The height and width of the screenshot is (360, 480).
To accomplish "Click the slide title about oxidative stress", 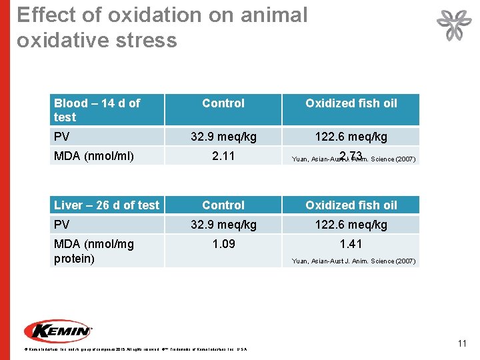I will click(162, 27).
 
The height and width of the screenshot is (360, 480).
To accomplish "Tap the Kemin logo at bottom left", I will click(58, 331).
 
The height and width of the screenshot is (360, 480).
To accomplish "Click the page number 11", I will click(461, 343).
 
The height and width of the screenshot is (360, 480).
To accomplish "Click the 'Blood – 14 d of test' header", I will click(97, 110).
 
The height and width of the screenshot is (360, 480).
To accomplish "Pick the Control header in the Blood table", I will click(223, 103).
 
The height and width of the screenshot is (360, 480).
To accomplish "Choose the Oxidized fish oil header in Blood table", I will click(351, 103).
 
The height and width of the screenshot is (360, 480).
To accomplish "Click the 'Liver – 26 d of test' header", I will click(107, 205).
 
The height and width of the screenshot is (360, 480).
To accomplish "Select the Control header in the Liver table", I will click(223, 205).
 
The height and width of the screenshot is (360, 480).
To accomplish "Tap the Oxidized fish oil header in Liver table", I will click(351, 205).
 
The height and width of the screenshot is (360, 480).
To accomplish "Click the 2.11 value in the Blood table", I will click(223, 157).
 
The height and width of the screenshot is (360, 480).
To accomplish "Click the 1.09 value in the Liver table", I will click(223, 244).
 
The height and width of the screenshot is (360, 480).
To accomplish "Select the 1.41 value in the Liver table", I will click(351, 244).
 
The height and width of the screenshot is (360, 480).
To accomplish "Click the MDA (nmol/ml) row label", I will click(94, 157).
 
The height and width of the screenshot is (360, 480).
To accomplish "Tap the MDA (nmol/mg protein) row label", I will click(94, 251).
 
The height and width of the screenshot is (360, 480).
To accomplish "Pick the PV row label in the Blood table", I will click(62, 137).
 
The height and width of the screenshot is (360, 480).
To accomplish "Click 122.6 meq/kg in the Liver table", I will click(351, 225).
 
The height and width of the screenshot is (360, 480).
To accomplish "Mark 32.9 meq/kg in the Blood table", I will click(223, 137).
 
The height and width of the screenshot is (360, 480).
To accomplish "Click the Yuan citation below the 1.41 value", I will click(353, 261).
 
